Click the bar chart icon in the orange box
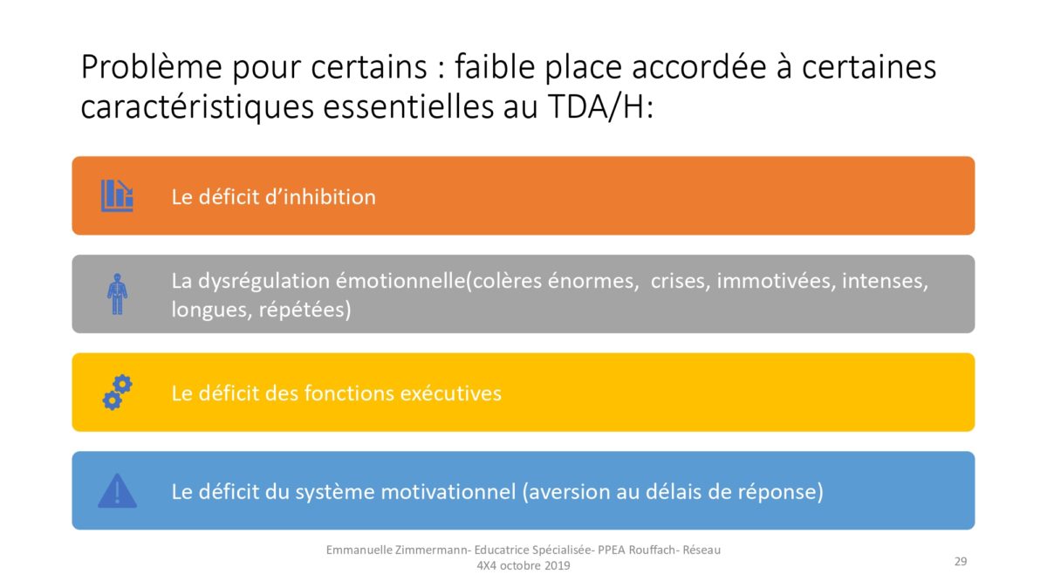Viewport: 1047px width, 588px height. [x=117, y=195]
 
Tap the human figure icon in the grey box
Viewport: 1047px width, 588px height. [x=117, y=294]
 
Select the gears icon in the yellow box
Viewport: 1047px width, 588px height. [x=117, y=393]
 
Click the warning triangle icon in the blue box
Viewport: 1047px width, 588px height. [x=117, y=491]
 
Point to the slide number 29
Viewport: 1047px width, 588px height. [x=961, y=561]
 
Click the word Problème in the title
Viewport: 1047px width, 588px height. [x=152, y=67]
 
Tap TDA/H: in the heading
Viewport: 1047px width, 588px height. [x=600, y=107]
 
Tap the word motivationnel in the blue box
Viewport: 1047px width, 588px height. [x=448, y=492]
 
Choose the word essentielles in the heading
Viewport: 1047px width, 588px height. [x=408, y=107]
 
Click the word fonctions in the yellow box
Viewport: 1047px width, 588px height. [x=347, y=393]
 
